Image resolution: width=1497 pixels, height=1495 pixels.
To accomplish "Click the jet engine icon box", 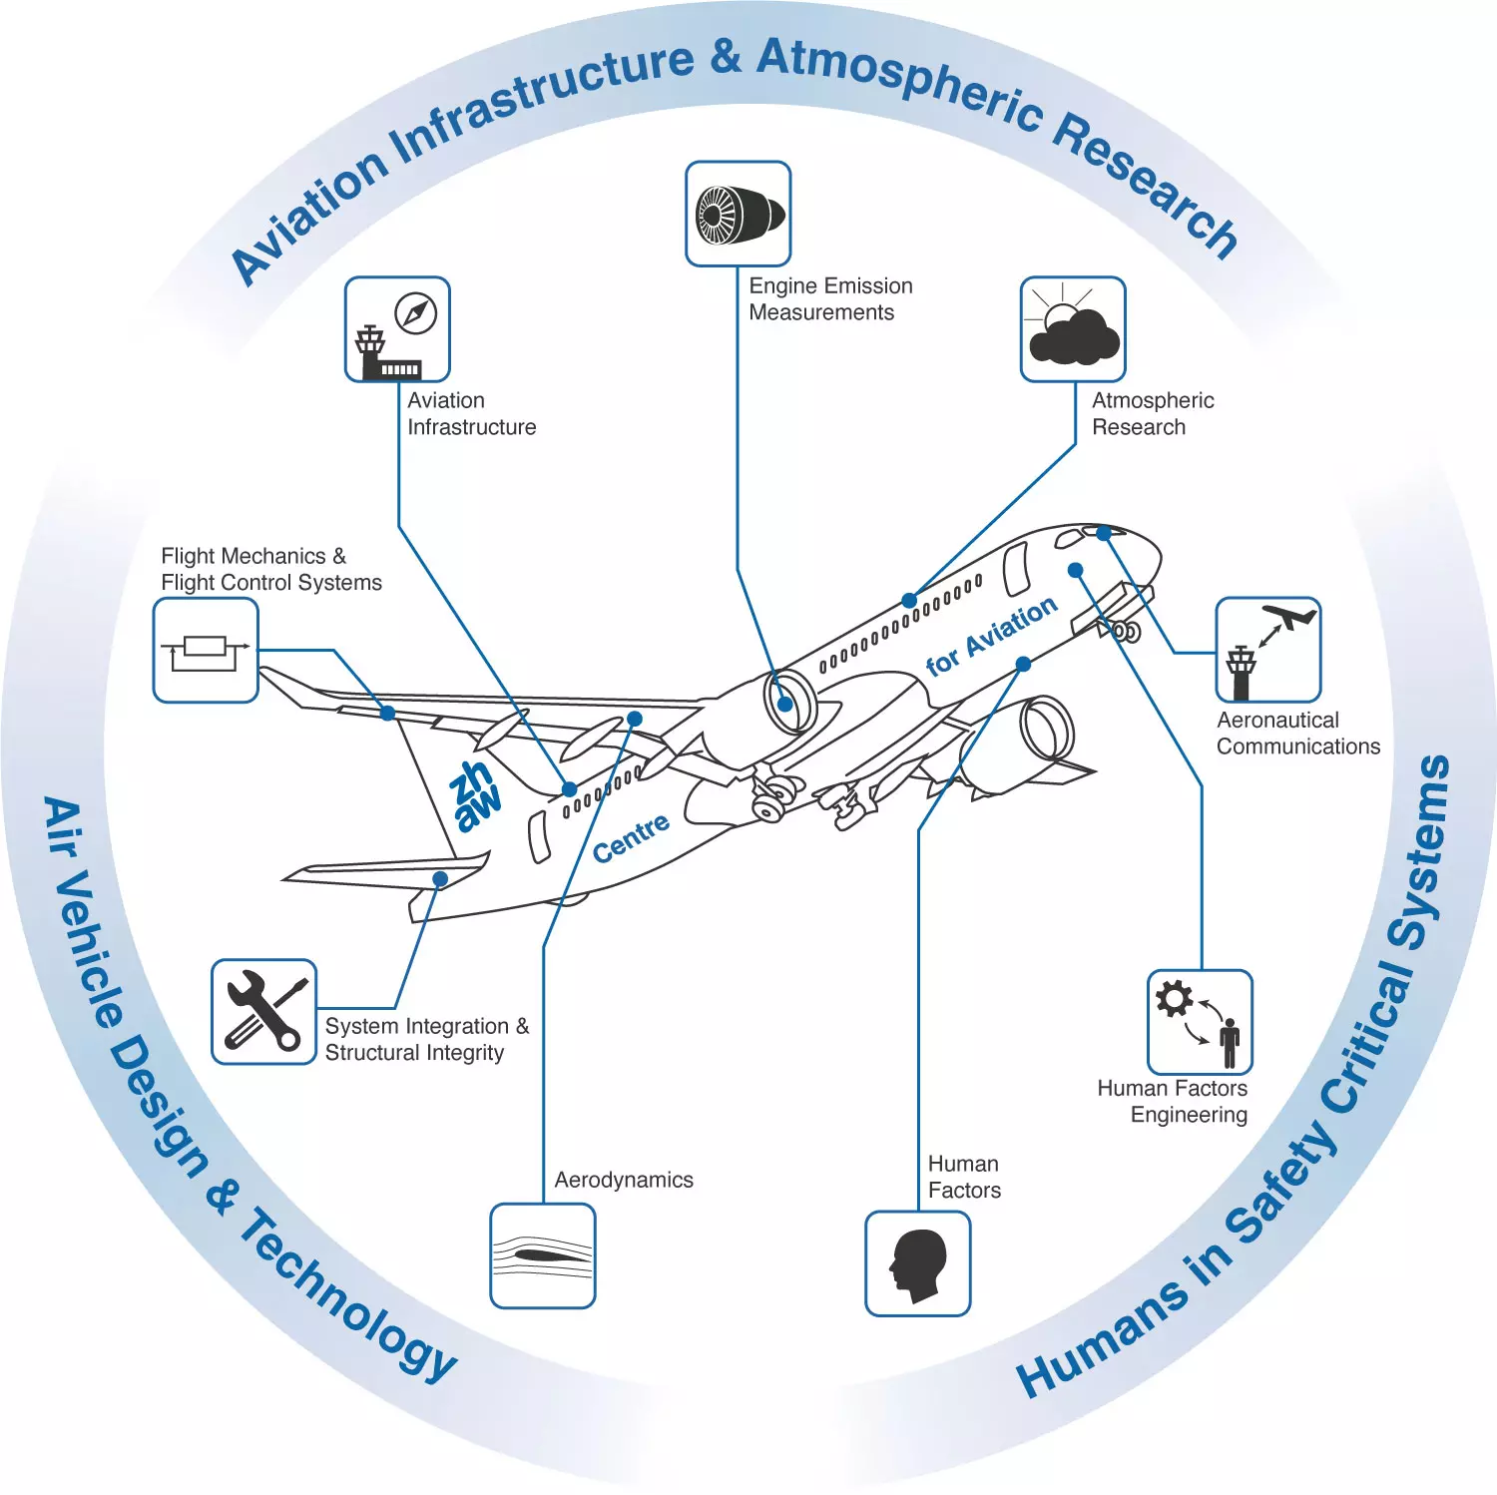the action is click(x=738, y=214).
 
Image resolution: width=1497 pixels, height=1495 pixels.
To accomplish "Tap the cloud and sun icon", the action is click(x=1073, y=329).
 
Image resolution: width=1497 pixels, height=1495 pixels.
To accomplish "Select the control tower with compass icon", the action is click(x=397, y=329).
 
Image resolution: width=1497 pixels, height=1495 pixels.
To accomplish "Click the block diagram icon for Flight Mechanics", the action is click(x=206, y=651).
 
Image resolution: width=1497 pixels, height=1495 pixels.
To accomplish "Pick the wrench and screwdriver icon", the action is click(x=263, y=1012).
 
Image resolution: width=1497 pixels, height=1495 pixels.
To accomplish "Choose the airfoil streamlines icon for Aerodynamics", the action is click(x=543, y=1255).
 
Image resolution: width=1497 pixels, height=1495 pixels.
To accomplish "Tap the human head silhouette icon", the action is click(x=918, y=1263).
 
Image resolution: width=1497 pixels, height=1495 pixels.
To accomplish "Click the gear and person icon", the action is click(x=1200, y=1022).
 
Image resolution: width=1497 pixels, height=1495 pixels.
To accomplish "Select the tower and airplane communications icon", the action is click(x=1268, y=651).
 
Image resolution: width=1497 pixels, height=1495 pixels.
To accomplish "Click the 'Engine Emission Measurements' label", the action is click(x=830, y=299).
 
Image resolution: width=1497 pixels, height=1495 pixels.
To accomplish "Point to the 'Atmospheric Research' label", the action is click(x=1153, y=413).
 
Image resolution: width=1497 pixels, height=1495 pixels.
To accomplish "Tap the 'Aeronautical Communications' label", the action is click(x=1298, y=733).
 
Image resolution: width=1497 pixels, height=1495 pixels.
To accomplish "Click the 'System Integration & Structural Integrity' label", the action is click(x=427, y=1039).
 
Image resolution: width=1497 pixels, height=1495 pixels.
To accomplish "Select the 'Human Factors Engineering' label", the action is click(x=1173, y=1101).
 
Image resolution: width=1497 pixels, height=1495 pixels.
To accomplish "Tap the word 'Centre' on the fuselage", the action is click(x=631, y=838).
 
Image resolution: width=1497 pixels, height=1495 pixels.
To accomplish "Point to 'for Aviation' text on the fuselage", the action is click(x=992, y=636).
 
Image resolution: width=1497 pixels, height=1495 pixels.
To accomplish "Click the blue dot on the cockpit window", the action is click(x=1104, y=534).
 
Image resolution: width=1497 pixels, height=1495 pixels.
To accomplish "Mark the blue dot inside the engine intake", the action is click(x=785, y=704).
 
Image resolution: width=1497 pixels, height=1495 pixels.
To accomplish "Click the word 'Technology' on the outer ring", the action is click(x=349, y=1297).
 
